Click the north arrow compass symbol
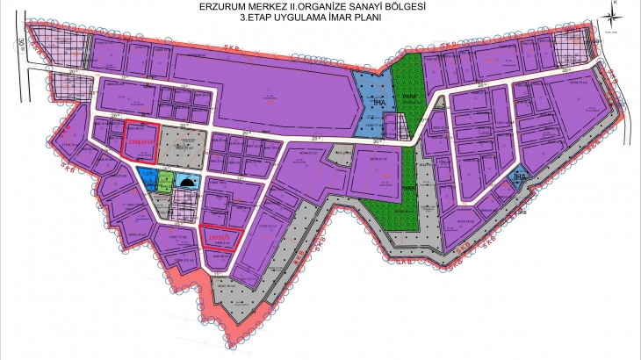(616, 20)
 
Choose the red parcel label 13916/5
(217, 236)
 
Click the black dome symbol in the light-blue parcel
(186, 181)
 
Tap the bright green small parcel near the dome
(163, 181)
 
